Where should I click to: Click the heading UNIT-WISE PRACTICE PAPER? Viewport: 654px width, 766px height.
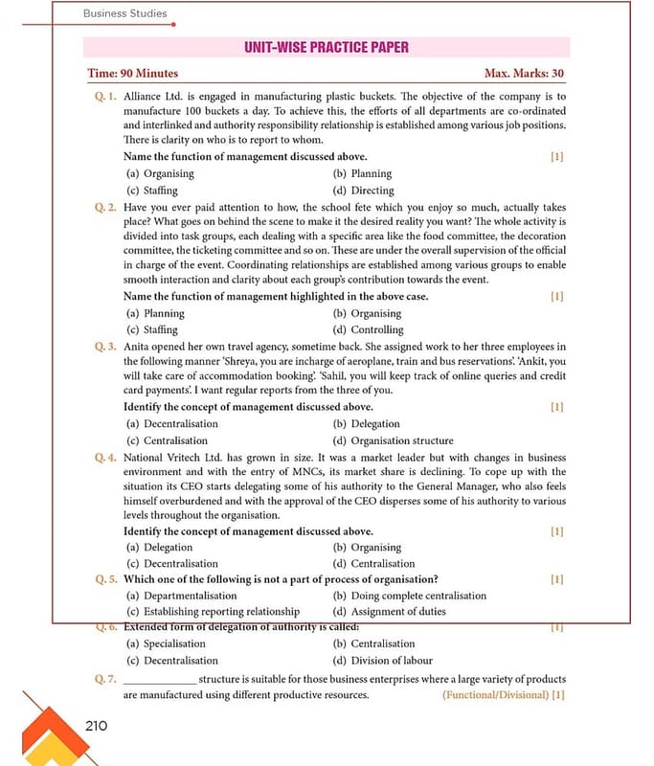327,47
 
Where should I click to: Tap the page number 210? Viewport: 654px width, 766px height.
96,725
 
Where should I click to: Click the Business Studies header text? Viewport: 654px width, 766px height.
124,13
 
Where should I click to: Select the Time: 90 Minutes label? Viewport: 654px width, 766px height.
132,74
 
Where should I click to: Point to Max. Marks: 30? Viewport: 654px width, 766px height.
524,74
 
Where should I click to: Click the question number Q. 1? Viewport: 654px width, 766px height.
105,97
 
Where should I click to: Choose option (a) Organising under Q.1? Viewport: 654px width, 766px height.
160,173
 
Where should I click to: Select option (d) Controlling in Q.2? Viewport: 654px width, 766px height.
368,329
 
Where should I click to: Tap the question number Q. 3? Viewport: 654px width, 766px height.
105,347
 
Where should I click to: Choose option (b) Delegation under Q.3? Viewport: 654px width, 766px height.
366,423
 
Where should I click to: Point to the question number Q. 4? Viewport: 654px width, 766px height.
105,458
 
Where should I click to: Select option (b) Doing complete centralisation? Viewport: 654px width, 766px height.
409,596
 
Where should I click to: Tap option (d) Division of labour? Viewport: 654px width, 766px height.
382,660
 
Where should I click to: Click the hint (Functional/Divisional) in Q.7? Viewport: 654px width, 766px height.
495,694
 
